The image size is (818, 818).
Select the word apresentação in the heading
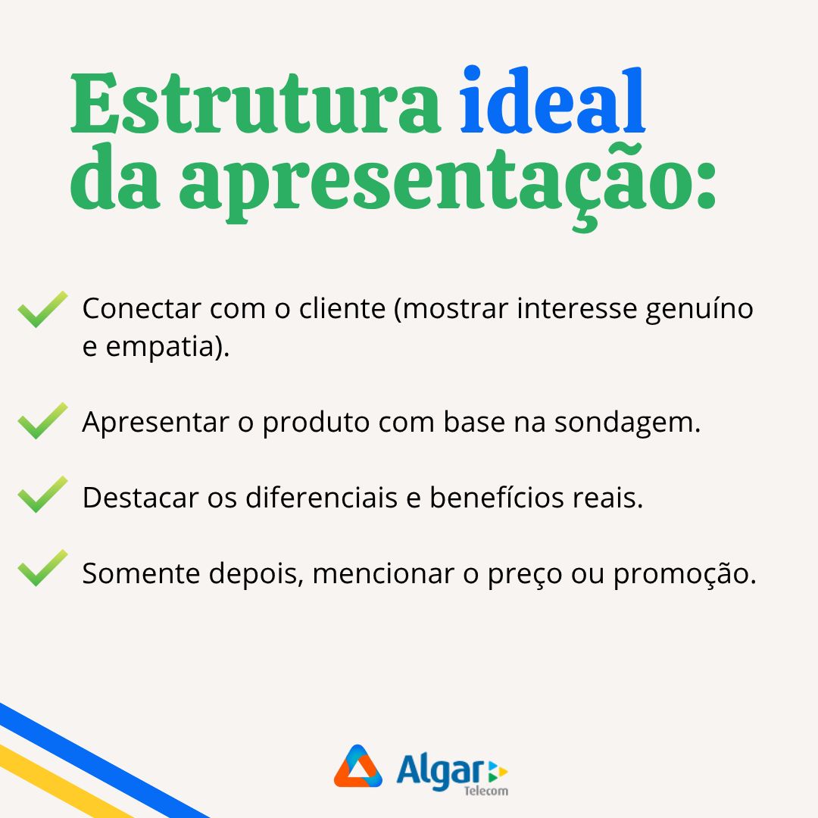pyautogui.click(x=448, y=183)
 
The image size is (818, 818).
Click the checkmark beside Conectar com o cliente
pyautogui.click(x=42, y=309)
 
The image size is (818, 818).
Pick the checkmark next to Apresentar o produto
pyautogui.click(x=42, y=421)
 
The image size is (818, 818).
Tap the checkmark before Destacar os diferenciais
pyautogui.click(x=42, y=495)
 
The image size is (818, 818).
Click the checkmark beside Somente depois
pyautogui.click(x=42, y=568)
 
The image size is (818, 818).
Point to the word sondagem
pyautogui.click(x=627, y=423)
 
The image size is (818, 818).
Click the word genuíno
pyautogui.click(x=699, y=309)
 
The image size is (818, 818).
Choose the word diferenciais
pyautogui.click(x=321, y=497)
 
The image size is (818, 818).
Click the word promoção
pyautogui.click(x=685, y=574)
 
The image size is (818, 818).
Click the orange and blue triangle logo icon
pyautogui.click(x=357, y=766)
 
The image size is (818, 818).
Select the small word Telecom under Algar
pyautogui.click(x=486, y=791)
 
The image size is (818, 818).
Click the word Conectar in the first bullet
pyautogui.click(x=142, y=308)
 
